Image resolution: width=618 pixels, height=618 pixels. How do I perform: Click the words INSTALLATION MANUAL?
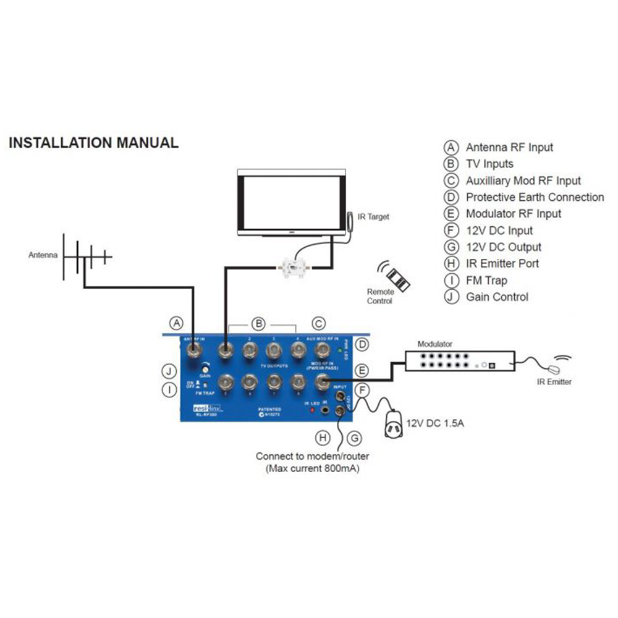pyautogui.click(x=93, y=143)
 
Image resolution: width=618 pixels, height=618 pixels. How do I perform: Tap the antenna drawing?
pyautogui.click(x=86, y=255)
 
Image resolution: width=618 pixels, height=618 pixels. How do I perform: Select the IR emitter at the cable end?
pyautogui.click(x=555, y=368)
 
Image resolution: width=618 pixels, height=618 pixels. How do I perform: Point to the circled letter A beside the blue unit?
pyautogui.click(x=177, y=323)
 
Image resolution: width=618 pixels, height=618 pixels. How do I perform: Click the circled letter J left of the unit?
pyautogui.click(x=169, y=371)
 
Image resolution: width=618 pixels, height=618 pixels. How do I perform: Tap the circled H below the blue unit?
pyautogui.click(x=322, y=438)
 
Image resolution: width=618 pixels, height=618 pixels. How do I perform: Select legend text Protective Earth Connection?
pyautogui.click(x=535, y=197)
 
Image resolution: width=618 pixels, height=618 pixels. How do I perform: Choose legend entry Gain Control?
pyautogui.click(x=497, y=297)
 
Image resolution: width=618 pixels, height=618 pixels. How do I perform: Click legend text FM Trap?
pyautogui.click(x=486, y=280)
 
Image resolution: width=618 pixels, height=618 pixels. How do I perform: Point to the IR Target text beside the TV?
pyautogui.click(x=374, y=217)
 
